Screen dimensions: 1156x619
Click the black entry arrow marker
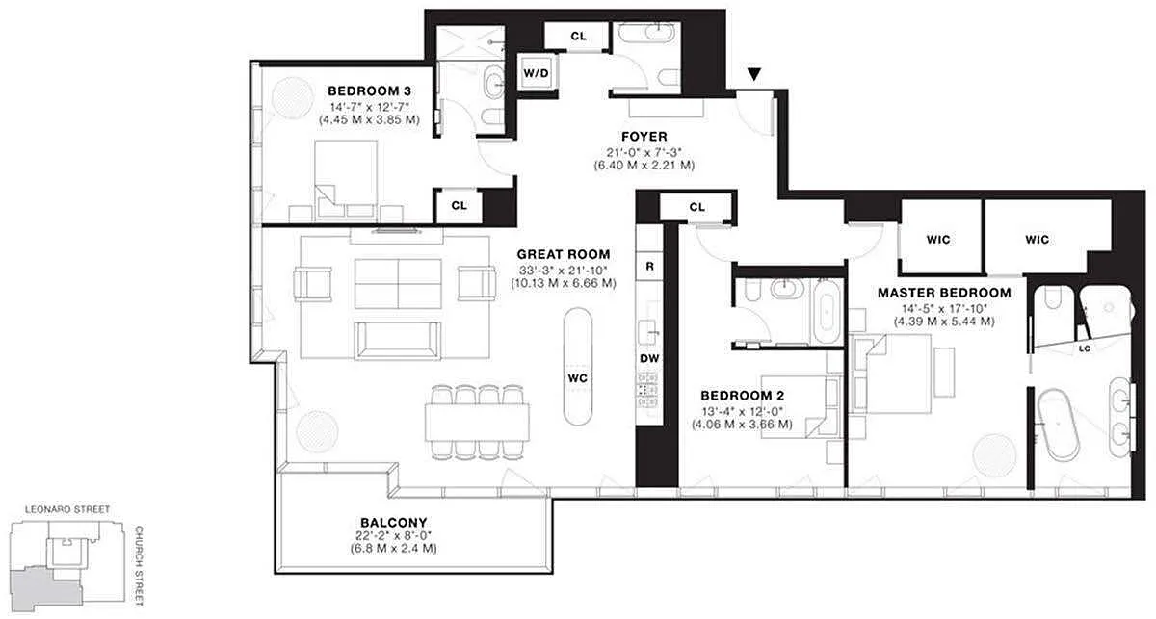point(754,74)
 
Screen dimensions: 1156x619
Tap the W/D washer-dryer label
point(537,73)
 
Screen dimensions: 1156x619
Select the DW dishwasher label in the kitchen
point(649,358)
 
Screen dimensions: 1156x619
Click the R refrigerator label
point(649,266)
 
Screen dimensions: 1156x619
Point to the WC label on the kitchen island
point(577,378)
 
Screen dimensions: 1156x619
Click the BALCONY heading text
point(394,522)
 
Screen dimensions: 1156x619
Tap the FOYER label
point(644,137)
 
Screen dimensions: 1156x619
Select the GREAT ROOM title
point(564,254)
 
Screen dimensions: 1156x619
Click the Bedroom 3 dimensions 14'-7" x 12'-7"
point(370,107)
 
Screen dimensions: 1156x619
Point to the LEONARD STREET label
point(67,509)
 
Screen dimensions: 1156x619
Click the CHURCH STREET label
point(139,566)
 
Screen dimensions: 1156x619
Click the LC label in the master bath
point(1085,348)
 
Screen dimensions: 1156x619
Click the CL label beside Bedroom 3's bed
point(459,205)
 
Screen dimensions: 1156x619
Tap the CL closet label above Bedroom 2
point(696,207)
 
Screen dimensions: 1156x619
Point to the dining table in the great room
point(478,422)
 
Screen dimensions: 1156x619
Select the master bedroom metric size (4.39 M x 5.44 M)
point(944,322)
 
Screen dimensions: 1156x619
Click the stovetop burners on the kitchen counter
point(649,390)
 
